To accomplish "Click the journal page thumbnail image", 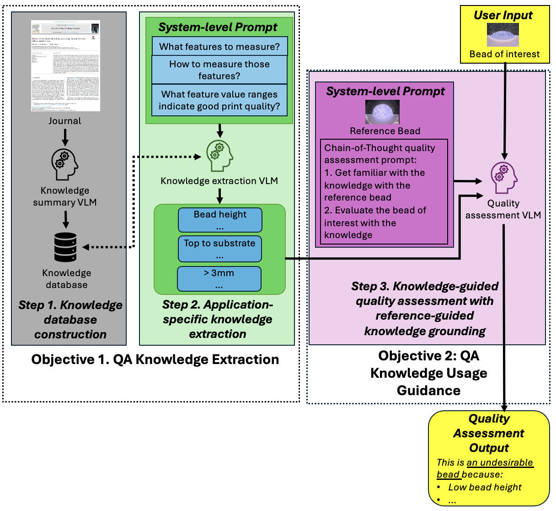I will [x=65, y=65].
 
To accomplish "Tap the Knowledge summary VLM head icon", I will [x=64, y=164].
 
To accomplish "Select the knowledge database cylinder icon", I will [x=65, y=247].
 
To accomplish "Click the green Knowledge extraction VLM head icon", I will [x=219, y=156].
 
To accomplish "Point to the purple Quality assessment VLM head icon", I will [x=504, y=178].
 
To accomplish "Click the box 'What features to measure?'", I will [x=219, y=47].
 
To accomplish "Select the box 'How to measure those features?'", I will [x=219, y=70].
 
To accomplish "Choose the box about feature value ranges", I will [x=219, y=100].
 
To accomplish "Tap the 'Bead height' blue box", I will [x=220, y=220].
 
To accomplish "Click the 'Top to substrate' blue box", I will [x=219, y=249].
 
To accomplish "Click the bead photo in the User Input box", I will [x=503, y=35].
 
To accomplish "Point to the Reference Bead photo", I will [x=382, y=112].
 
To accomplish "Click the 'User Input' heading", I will [x=503, y=15].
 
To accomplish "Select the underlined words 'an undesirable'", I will [x=499, y=462].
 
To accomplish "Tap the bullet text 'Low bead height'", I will [x=485, y=487].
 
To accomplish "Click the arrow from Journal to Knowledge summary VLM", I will [x=65, y=137].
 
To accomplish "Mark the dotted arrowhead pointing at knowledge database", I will [x=86, y=247].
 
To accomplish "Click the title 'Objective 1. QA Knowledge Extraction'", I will [x=155, y=359].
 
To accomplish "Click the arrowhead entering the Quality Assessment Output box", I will [x=504, y=407].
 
